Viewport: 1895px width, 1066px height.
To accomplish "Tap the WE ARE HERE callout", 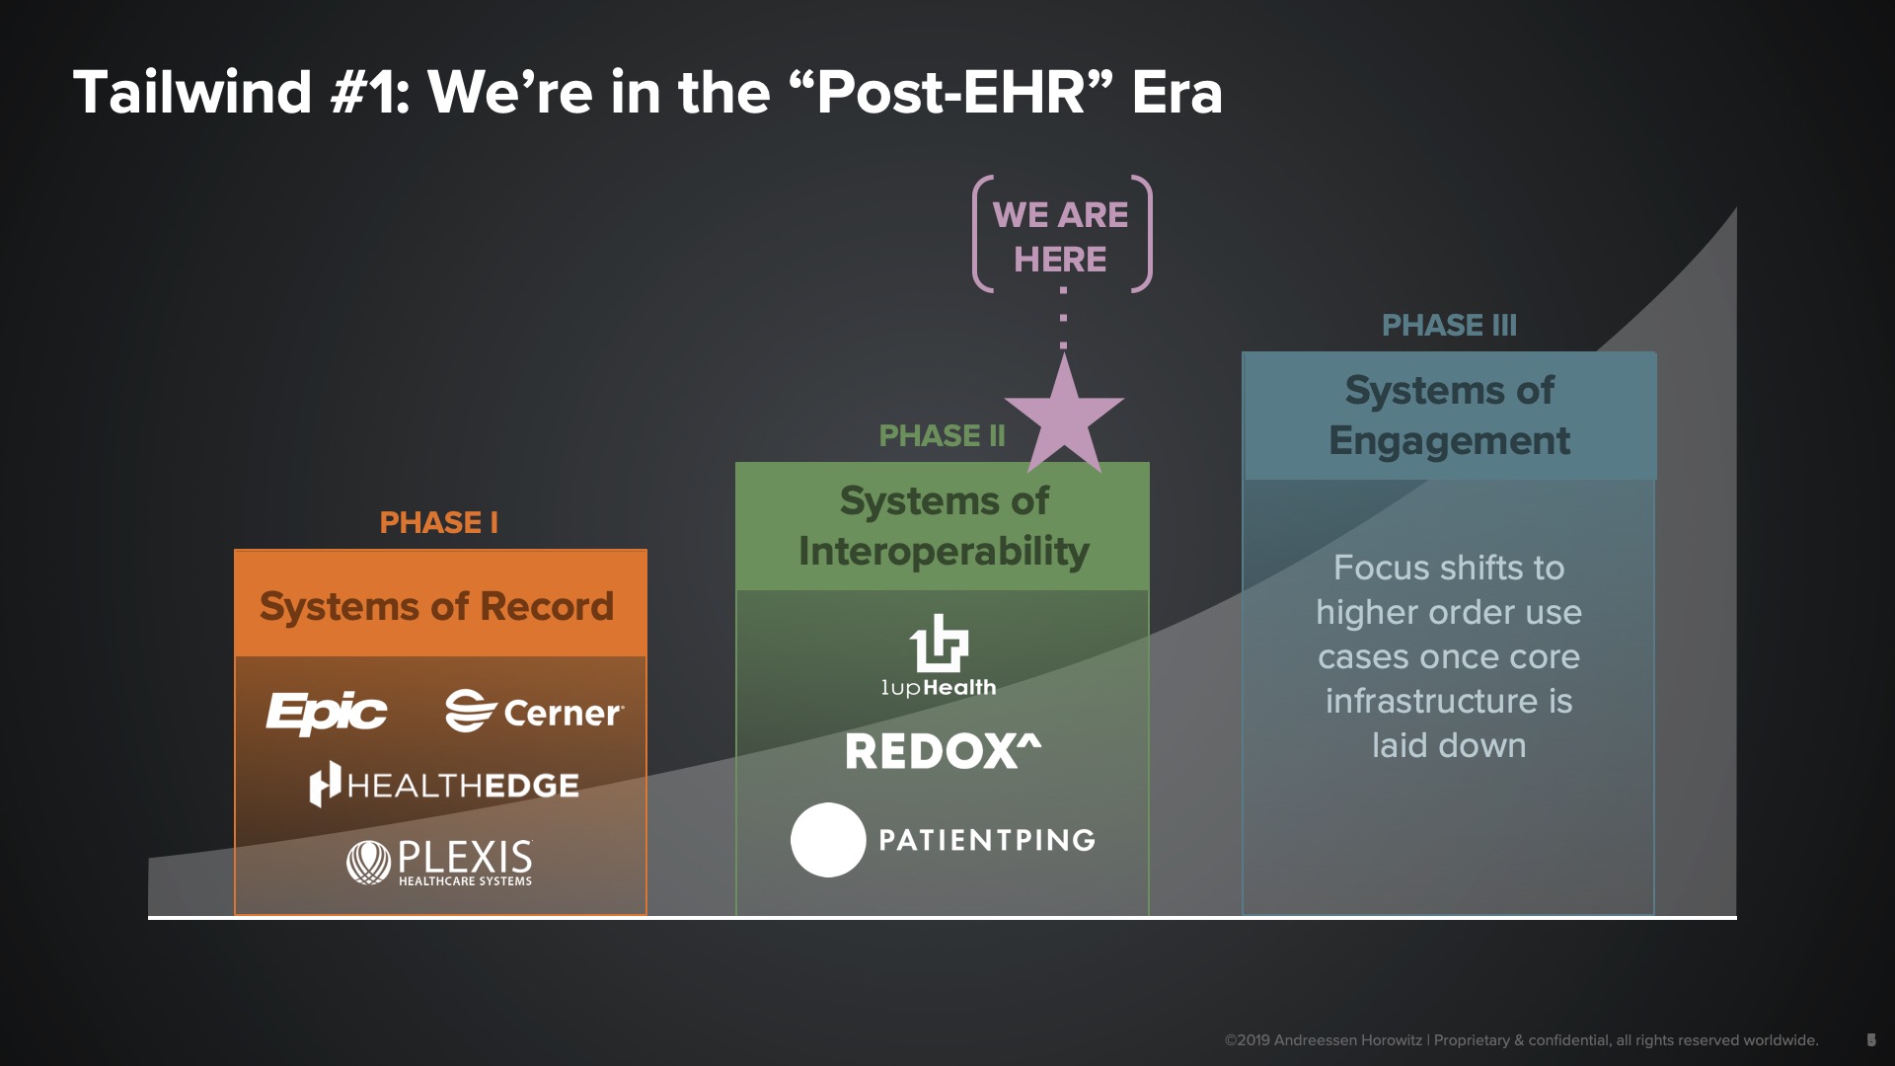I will (x=1061, y=237).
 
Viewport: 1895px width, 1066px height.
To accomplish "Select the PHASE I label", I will (x=438, y=522).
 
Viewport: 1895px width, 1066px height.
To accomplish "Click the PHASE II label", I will (x=942, y=435).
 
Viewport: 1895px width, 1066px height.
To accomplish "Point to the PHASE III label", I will (x=1449, y=325).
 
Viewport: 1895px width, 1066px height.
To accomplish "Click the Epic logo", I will (x=327, y=712).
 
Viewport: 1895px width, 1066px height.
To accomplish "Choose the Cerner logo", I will (x=534, y=712).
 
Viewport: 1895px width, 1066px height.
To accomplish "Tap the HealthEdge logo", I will (x=444, y=785).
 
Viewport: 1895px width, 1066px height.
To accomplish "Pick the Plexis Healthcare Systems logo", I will (x=439, y=863).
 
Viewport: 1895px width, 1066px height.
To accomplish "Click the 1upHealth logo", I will (x=939, y=656).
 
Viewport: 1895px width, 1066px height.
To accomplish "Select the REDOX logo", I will (x=943, y=751).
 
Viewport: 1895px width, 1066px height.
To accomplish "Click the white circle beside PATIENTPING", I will (x=828, y=840).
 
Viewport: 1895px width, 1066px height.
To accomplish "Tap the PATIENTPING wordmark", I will (x=987, y=840).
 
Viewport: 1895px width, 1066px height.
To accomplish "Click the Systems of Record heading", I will (x=436, y=606).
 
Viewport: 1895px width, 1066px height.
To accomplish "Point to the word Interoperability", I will (x=944, y=551).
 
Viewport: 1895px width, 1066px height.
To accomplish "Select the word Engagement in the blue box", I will (x=1449, y=441).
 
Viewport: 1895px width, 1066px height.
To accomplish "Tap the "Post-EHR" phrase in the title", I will (x=950, y=92).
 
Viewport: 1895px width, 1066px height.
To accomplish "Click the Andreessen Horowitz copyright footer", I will (x=1521, y=1040).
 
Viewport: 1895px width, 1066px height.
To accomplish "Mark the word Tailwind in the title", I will (x=192, y=92).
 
